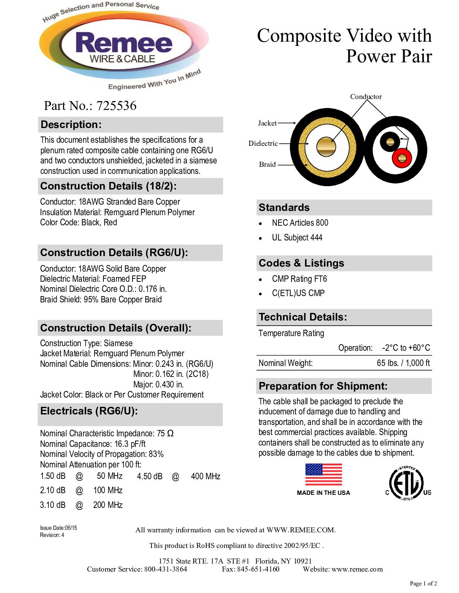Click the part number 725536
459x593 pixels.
(116, 106)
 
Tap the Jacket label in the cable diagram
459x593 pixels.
(267, 123)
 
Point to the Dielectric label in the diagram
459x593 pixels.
(263, 143)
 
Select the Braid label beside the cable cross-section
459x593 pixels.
(267, 164)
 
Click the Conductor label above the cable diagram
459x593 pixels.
(366, 96)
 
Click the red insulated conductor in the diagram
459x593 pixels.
(402, 158)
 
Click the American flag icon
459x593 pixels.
(324, 475)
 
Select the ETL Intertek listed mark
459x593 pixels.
(406, 483)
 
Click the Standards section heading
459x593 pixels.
(284, 208)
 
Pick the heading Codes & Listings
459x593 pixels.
(301, 263)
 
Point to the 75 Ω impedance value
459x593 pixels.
(165, 433)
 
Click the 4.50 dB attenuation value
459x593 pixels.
(150, 476)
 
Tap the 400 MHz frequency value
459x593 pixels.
(205, 476)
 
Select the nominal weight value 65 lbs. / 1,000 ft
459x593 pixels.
(403, 363)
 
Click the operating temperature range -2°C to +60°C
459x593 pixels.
(406, 348)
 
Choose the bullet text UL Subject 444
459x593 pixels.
(297, 238)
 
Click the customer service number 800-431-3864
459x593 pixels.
(165, 569)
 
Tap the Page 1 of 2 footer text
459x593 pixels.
(423, 583)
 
